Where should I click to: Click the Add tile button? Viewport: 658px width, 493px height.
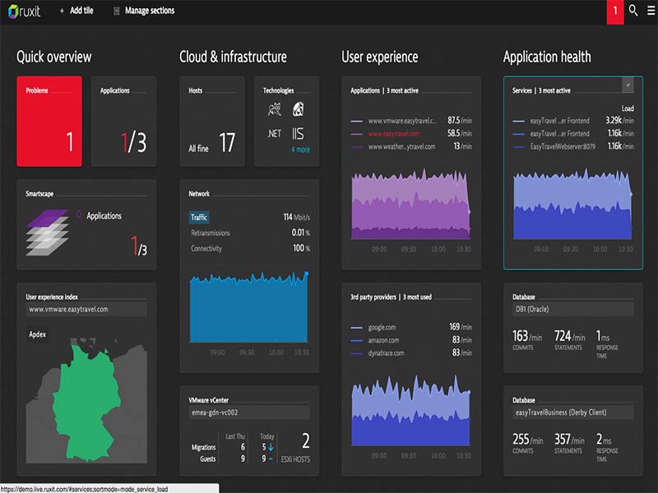point(76,11)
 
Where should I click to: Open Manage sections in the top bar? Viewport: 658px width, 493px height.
point(143,11)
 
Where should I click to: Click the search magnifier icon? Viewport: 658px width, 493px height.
point(633,11)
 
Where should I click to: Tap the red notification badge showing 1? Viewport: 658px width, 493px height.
point(614,12)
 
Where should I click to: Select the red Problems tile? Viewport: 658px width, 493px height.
point(49,122)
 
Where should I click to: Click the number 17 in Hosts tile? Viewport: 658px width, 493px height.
point(227,143)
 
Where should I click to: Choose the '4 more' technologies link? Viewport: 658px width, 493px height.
point(300,150)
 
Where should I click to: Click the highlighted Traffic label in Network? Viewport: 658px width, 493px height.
point(199,218)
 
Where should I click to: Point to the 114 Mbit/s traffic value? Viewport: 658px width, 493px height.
point(295,218)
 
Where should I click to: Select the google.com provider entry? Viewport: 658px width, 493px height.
point(382,327)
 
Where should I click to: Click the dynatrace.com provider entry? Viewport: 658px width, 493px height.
point(387,353)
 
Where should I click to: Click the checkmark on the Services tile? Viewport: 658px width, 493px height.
point(628,85)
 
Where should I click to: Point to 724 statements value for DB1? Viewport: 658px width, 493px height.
point(562,336)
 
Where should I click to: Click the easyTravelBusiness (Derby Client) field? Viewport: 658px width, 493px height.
point(572,412)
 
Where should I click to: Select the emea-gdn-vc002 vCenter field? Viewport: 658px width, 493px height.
point(248,412)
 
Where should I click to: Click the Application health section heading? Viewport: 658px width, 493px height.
point(547,58)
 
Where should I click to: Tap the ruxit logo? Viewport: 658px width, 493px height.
point(25,12)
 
